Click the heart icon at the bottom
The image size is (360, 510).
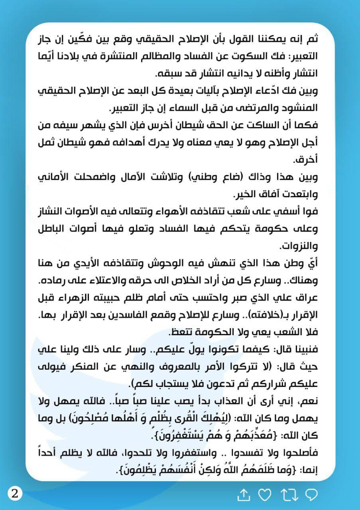(x=264, y=495)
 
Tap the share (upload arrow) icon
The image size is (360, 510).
(x=243, y=495)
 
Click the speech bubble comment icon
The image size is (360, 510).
(x=311, y=495)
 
